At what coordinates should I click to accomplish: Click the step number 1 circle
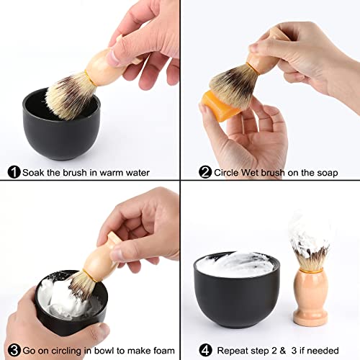point(13,172)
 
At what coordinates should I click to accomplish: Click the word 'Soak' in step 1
point(33,172)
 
